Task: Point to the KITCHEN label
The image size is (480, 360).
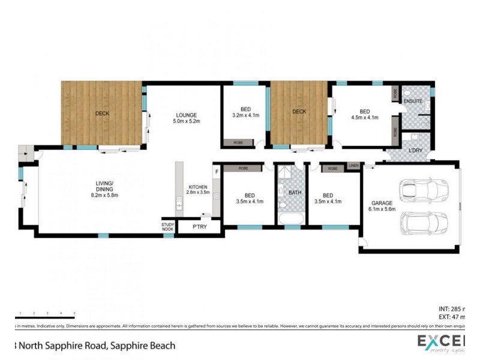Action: (x=197, y=187)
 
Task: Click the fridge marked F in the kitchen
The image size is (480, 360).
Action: (x=217, y=172)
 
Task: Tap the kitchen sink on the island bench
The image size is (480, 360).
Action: (x=179, y=207)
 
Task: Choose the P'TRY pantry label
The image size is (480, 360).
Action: (x=199, y=227)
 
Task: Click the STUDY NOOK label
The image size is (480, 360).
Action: (x=167, y=226)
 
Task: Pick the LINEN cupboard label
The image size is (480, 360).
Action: (x=353, y=165)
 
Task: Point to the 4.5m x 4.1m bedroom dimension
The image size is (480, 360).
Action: (x=365, y=118)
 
